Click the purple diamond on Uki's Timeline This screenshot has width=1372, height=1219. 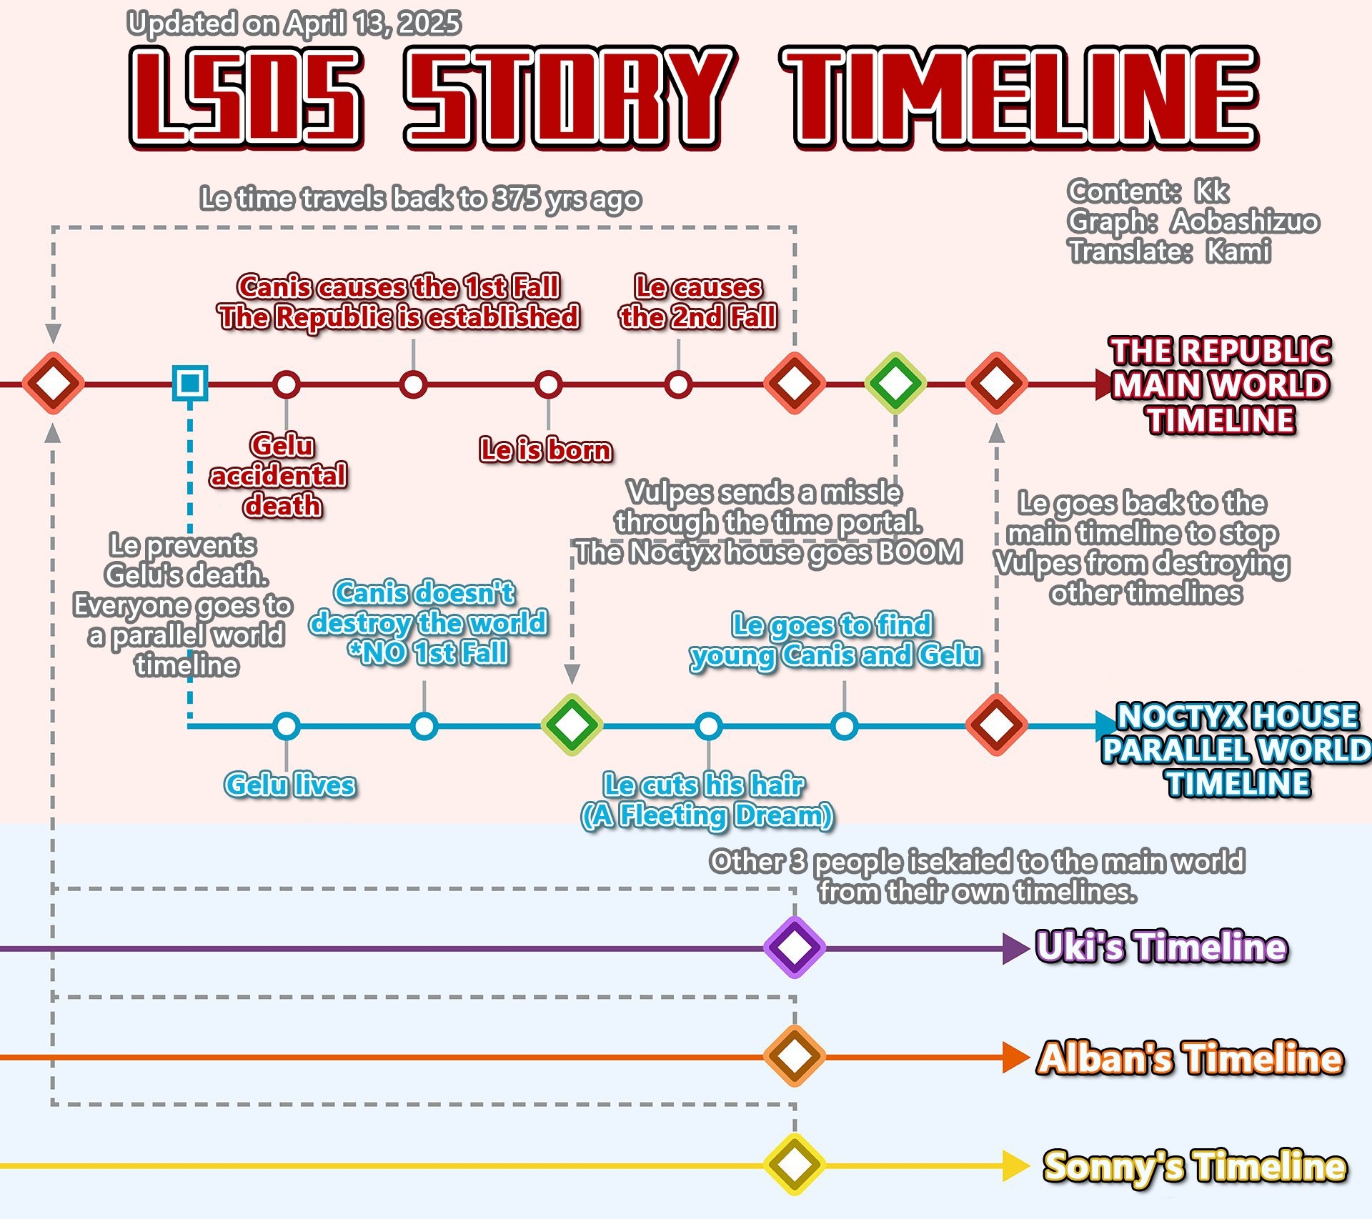(794, 947)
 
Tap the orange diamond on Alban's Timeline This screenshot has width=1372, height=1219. (794, 1056)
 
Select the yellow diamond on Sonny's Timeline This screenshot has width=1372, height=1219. (794, 1164)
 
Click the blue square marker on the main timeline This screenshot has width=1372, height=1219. (190, 383)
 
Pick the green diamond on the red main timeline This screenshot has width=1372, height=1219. (895, 383)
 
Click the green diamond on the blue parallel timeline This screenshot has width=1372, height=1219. (572, 725)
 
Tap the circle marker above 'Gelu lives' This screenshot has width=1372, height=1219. (287, 726)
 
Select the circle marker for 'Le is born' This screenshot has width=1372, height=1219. (548, 384)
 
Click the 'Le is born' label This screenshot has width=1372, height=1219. (546, 449)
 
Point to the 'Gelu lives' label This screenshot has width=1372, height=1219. (289, 785)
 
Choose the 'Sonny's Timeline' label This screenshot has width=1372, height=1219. (1195, 1166)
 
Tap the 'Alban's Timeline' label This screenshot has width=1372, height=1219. (1190, 1058)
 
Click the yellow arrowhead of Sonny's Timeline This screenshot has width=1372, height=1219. (1014, 1165)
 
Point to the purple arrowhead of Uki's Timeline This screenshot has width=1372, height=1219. (1014, 949)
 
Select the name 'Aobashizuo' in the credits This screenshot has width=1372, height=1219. (1245, 222)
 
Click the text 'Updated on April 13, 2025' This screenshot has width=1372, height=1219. (294, 24)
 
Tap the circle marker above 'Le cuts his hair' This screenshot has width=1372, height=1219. (708, 726)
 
